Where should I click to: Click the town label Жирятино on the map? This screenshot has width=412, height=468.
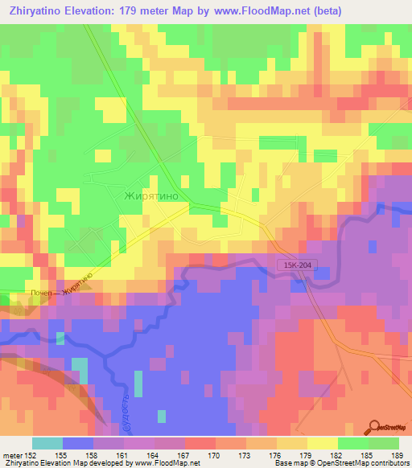pyautogui.click(x=157, y=195)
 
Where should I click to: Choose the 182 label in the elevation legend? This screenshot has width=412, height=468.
pyautogui.click(x=337, y=454)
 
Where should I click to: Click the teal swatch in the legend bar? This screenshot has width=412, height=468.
pyautogui.click(x=47, y=443)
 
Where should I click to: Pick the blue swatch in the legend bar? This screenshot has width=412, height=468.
pyautogui.click(x=78, y=443)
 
